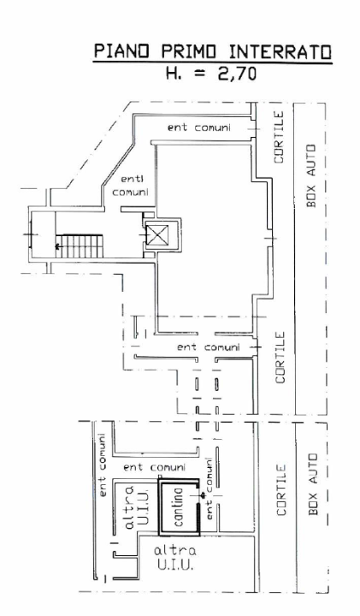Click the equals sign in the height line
tap(201, 74)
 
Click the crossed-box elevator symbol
tap(156, 235)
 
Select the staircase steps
tap(80, 246)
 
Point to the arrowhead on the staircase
tap(57, 246)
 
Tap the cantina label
tap(179, 506)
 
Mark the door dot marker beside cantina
tap(203, 495)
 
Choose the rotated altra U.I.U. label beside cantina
tap(137, 507)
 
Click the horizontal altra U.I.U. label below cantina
tap(174, 558)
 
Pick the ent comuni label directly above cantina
tap(154, 467)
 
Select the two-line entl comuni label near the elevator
tap(130, 187)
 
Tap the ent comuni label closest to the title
tap(199, 127)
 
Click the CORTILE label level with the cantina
tap(281, 489)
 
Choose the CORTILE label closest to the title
tap(279, 137)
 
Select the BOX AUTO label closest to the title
tap(311, 175)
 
